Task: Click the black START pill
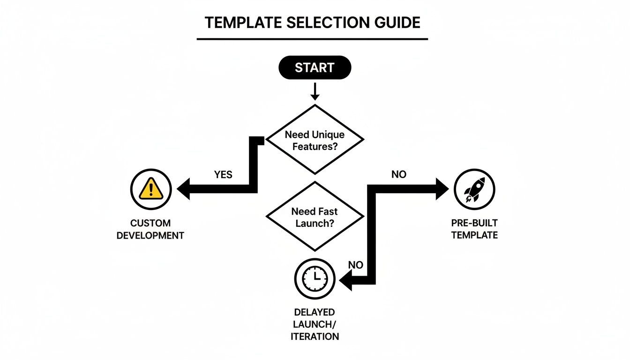315,67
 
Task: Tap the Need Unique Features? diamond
315,140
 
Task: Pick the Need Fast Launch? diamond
315,217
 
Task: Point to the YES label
223,174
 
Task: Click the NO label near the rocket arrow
398,174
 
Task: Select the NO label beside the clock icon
356,265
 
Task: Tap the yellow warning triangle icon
150,189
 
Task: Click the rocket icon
474,189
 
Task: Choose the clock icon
315,279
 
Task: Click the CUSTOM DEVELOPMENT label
150,229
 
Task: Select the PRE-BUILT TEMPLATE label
474,229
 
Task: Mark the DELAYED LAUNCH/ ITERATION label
315,324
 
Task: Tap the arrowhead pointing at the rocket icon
442,189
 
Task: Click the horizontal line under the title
312,39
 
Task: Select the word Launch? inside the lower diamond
315,223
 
